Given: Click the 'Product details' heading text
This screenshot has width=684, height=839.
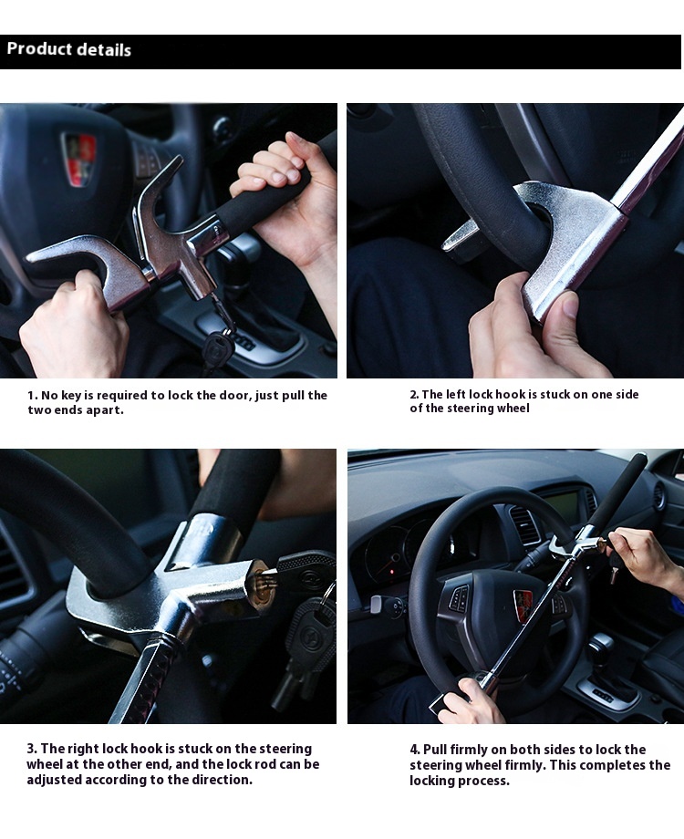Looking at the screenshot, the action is (x=69, y=49).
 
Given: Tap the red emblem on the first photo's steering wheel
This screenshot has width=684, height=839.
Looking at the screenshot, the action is (x=79, y=159).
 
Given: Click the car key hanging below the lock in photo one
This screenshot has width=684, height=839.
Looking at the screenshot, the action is (x=217, y=349).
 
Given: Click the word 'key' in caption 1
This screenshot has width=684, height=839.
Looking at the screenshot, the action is (x=71, y=396).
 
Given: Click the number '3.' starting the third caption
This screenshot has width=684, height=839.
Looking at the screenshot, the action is (x=32, y=749).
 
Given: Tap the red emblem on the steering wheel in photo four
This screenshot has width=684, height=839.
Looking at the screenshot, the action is (x=523, y=605).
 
